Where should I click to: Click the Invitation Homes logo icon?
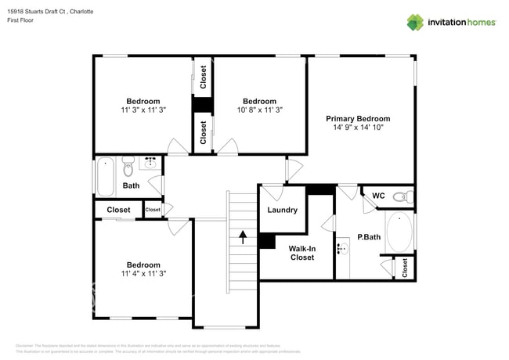[413, 22]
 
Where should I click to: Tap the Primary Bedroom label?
[358, 118]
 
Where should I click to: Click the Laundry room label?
[282, 210]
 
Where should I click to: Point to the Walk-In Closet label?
[302, 253]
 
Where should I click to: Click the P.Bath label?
[369, 237]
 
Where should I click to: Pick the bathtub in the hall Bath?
[105, 176]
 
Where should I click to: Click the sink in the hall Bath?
[150, 164]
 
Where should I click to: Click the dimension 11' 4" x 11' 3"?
[144, 273]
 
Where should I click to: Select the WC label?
[378, 196]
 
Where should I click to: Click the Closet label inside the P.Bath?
[404, 268]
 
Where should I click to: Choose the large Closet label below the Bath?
[118, 210]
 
